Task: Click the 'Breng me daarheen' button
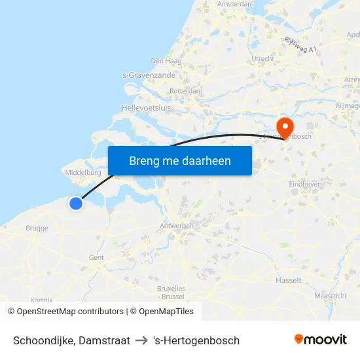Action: [179, 160]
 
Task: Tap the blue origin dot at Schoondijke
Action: [76, 204]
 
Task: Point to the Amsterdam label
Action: [235, 4]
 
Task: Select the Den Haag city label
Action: [166, 61]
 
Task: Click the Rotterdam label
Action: [186, 91]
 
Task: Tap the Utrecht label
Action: [262, 59]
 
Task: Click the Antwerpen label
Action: [177, 226]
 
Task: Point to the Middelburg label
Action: [82, 173]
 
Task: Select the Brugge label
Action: [37, 228]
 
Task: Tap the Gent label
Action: [96, 257]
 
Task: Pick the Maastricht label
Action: [330, 296]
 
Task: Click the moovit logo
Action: [320, 340]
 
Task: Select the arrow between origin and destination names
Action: [141, 340]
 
